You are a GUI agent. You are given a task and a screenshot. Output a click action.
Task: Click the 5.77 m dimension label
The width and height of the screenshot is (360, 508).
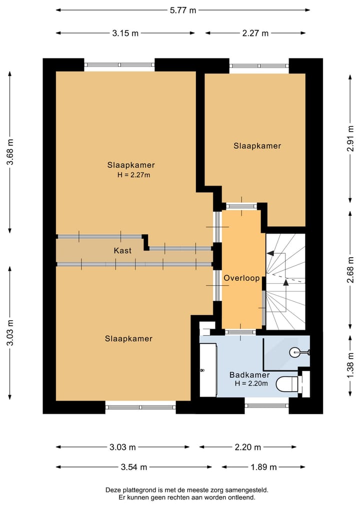[182, 9]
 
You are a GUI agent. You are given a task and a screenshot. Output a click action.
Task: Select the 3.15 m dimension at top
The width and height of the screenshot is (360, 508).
[125, 33]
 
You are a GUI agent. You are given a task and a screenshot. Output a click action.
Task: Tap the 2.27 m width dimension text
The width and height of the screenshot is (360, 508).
[255, 33]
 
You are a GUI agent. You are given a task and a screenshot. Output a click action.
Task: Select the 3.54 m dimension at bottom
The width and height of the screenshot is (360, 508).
[133, 467]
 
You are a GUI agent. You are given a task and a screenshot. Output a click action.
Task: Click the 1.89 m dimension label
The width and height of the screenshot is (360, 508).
[263, 467]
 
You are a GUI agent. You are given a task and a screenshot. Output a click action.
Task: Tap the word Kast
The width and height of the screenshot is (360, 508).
[122, 251]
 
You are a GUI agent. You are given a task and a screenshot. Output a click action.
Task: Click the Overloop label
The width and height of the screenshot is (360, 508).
[242, 278]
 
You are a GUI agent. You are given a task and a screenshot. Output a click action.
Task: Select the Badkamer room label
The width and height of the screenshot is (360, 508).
[249, 375]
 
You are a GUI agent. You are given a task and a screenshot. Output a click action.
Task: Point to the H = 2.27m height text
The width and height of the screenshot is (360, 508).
[134, 175]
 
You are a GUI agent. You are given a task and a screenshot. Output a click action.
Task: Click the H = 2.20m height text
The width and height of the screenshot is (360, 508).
[251, 384]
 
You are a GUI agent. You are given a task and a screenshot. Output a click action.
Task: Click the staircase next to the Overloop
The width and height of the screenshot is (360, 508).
[285, 282]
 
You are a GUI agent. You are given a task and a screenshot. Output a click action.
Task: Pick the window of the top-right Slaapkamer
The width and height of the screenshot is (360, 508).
[259, 65]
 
